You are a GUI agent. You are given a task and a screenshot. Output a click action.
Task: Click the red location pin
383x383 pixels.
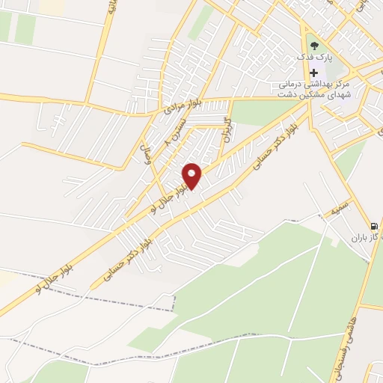click(x=192, y=176)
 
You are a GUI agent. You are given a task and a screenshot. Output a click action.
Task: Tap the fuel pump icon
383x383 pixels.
click(x=372, y=225)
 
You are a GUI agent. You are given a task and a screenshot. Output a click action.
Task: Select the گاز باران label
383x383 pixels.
click(x=367, y=238)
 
